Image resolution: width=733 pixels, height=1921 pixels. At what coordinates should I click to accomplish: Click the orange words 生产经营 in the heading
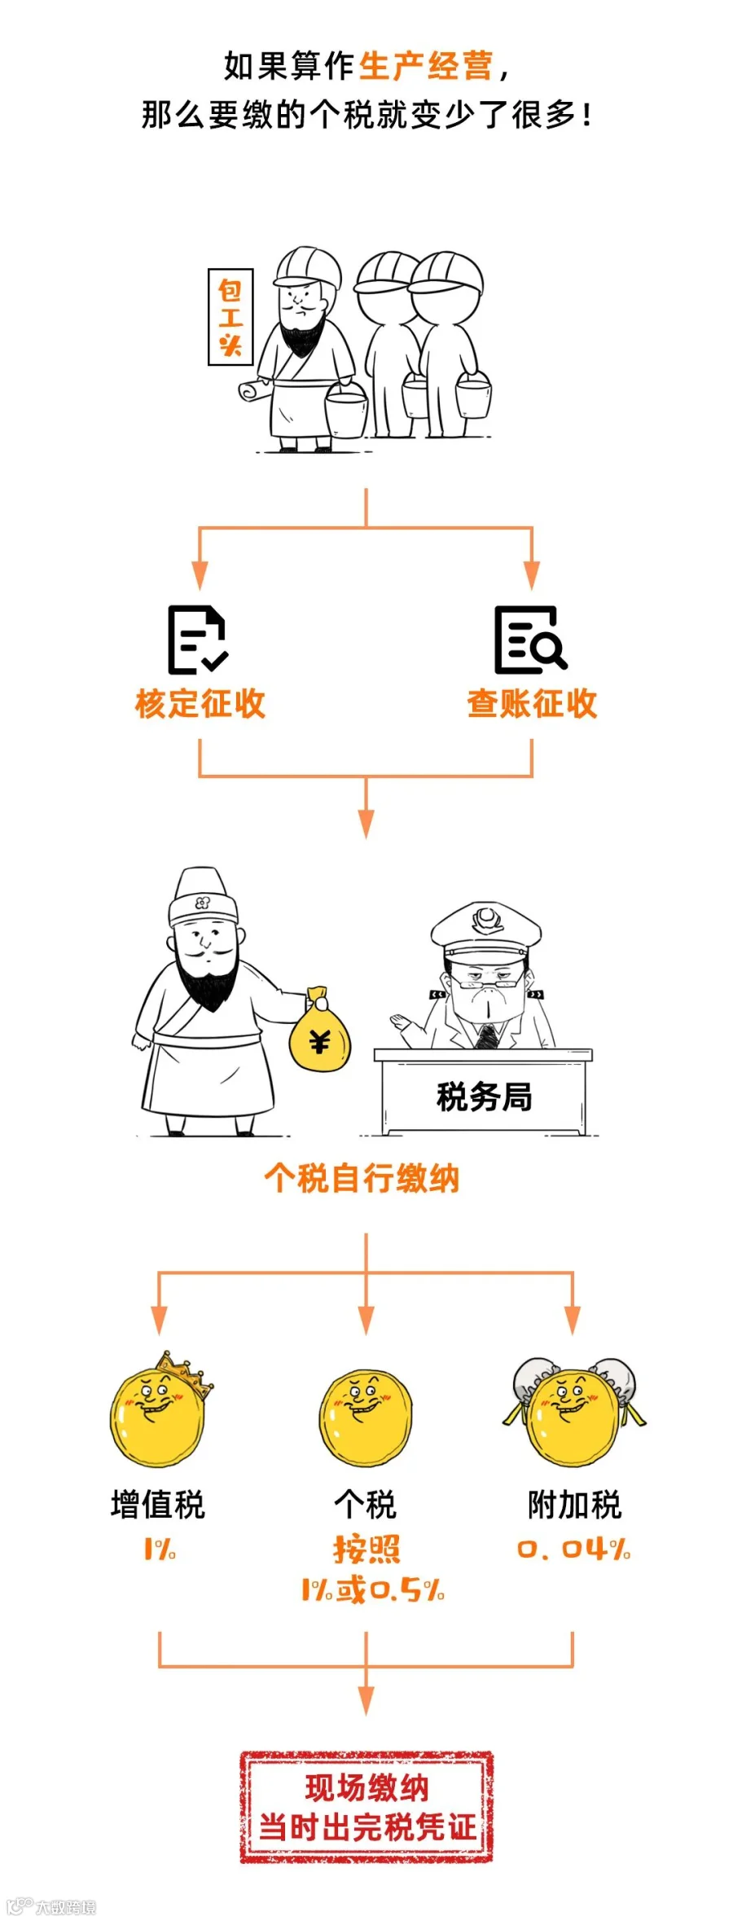pyautogui.click(x=425, y=66)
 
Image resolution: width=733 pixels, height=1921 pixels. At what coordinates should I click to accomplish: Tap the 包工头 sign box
pyautogui.click(x=230, y=317)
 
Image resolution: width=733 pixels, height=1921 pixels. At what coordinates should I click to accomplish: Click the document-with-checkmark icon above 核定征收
pyautogui.click(x=197, y=640)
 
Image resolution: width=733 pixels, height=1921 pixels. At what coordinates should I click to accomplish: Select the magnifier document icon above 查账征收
pyautogui.click(x=529, y=640)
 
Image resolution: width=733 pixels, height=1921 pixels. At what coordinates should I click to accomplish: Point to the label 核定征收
pyautogui.click(x=200, y=704)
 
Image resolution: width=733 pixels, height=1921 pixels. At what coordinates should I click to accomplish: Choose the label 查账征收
pyautogui.click(x=532, y=704)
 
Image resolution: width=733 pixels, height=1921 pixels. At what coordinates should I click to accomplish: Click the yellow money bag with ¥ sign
pyautogui.click(x=320, y=1034)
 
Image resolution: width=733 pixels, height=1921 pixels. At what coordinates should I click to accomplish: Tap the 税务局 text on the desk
pyautogui.click(x=485, y=1097)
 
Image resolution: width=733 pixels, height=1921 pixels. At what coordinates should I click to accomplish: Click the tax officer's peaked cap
pyautogui.click(x=486, y=930)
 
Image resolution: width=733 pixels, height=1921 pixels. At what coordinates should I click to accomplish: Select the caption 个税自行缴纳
pyautogui.click(x=362, y=1178)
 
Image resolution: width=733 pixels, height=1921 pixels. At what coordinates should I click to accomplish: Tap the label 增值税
pyautogui.click(x=158, y=1505)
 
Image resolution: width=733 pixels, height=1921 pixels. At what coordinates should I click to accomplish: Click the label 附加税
pyautogui.click(x=574, y=1505)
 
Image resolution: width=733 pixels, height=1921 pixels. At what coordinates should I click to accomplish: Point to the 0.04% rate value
pyautogui.click(x=574, y=1549)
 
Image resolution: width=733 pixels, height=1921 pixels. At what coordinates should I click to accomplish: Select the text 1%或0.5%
pyautogui.click(x=373, y=1589)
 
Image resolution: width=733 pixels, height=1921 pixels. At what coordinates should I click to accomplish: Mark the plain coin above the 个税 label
pyautogui.click(x=366, y=1418)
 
